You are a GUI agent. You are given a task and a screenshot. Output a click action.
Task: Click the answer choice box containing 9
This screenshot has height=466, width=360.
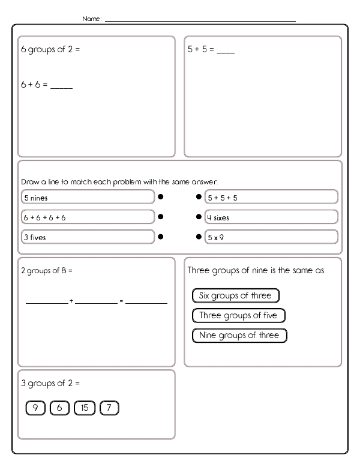tap(35, 408)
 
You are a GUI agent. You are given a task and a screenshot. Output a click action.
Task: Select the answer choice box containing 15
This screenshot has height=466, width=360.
tap(84, 408)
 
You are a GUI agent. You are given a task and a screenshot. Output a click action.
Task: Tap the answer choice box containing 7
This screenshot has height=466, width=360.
tap(109, 408)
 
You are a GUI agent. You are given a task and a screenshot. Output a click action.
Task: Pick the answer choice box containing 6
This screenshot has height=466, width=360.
tap(59, 408)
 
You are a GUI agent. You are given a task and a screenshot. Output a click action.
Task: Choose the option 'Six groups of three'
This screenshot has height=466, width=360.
tap(235, 295)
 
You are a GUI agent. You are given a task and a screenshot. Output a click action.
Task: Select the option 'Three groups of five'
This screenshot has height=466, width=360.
tap(238, 315)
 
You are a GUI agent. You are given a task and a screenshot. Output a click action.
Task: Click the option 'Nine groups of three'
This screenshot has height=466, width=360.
tap(239, 335)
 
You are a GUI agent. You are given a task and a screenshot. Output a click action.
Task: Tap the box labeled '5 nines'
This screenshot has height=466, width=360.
tap(88, 197)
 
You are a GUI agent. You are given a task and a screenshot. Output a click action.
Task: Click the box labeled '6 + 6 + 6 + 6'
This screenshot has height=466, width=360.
tap(88, 217)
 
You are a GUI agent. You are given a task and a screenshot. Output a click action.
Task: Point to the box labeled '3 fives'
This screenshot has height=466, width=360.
tap(88, 237)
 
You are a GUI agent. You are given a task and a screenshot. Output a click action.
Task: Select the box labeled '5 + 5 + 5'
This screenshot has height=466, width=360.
tap(271, 197)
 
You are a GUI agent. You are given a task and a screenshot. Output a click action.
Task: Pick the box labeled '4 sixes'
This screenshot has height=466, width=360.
tap(271, 217)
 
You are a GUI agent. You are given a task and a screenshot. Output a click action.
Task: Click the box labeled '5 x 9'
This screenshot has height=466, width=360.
tap(271, 237)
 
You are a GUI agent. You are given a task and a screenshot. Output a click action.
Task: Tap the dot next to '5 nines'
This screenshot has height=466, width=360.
tap(161, 196)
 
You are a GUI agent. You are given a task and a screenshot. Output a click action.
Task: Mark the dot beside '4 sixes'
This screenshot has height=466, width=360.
tap(199, 217)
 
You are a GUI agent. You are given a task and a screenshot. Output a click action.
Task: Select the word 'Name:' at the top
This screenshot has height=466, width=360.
tap(92, 19)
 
